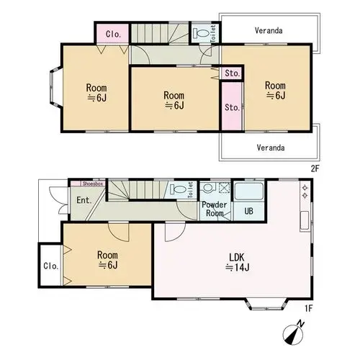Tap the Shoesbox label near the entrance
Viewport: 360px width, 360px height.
(x=93, y=184)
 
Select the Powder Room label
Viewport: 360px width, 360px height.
(x=215, y=209)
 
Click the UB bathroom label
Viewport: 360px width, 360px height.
(x=248, y=211)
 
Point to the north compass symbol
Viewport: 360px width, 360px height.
(x=294, y=333)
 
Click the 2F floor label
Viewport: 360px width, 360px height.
(x=315, y=168)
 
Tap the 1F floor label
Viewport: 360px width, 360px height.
(x=309, y=309)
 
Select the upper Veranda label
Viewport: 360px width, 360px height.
(x=269, y=31)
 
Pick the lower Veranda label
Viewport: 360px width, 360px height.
(x=271, y=148)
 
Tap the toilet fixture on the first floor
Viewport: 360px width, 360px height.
(x=178, y=189)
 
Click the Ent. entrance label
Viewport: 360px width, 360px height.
(x=84, y=200)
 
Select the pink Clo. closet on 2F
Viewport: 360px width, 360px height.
(x=113, y=34)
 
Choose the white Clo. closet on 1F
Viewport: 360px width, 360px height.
(x=50, y=266)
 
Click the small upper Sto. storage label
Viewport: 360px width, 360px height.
(x=233, y=73)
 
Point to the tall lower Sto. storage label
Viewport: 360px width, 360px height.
(x=233, y=107)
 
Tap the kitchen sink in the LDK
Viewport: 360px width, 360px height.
(x=305, y=220)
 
